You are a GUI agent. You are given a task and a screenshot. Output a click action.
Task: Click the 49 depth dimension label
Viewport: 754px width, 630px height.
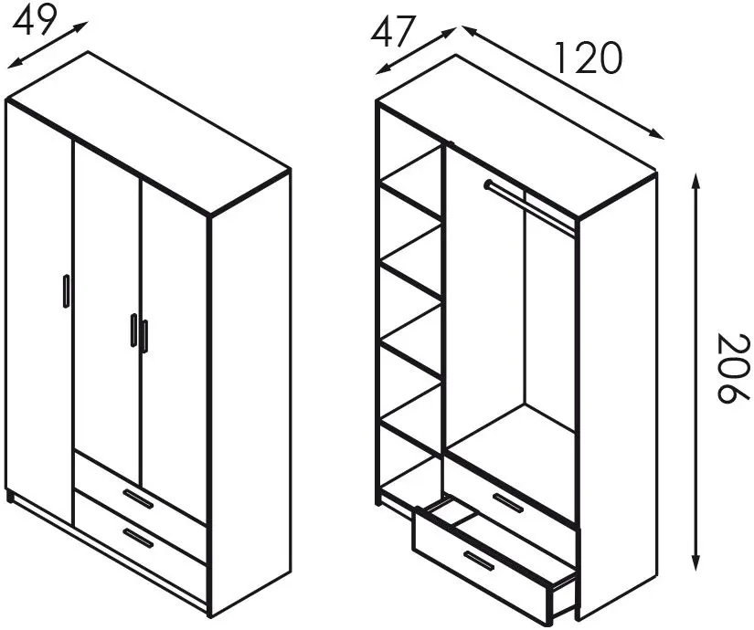tap(34, 22)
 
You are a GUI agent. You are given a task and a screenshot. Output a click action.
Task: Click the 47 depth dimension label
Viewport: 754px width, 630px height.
tap(392, 32)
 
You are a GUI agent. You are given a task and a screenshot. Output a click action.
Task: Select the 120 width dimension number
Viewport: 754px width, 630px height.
tap(588, 58)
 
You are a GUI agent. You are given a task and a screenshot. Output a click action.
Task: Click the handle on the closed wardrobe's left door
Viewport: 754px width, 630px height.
tap(67, 290)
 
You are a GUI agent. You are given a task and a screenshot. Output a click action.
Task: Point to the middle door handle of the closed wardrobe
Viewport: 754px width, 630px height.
tap(133, 331)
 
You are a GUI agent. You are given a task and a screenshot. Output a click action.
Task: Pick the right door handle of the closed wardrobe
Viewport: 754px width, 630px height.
tap(144, 336)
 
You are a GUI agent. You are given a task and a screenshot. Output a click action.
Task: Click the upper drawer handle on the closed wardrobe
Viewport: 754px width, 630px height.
tap(138, 499)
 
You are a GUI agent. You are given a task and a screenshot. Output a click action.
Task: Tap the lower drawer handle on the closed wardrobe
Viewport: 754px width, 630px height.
tap(138, 538)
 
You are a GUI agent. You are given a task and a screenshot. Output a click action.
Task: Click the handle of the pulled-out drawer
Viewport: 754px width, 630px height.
tap(479, 561)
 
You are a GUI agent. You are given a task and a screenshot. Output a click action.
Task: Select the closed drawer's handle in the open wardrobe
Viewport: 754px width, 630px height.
tap(508, 503)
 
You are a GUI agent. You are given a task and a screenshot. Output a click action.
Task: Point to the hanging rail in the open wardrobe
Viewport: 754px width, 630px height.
tap(529, 207)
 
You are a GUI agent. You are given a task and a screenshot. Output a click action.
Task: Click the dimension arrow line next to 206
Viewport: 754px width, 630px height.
tap(695, 373)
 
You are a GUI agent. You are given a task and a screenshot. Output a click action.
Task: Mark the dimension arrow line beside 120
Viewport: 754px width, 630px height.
tap(563, 83)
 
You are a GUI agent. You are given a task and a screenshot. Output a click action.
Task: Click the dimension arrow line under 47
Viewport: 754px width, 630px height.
tap(416, 51)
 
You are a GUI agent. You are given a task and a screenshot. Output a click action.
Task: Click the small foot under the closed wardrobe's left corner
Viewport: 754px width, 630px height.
tap(10, 497)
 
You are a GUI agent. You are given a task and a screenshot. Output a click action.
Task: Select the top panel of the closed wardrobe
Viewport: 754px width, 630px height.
tap(150, 133)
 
